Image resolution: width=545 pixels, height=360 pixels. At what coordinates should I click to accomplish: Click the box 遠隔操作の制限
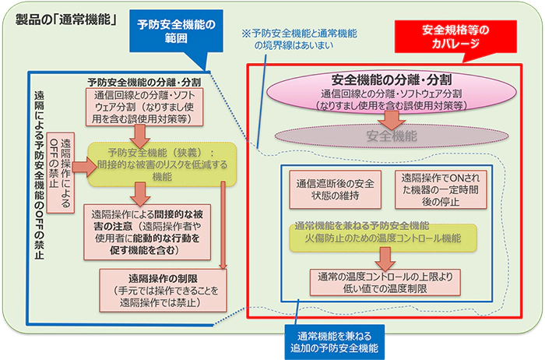click(162, 288)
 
